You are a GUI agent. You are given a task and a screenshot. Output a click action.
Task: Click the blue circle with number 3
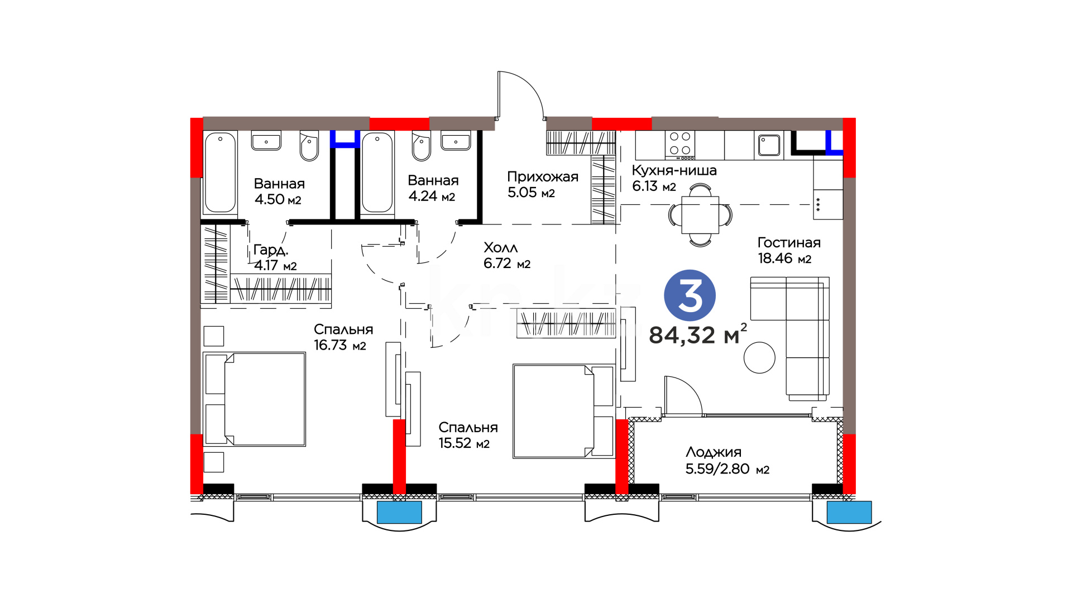tap(690, 296)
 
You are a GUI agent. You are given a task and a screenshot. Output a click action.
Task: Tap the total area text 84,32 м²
tap(698, 334)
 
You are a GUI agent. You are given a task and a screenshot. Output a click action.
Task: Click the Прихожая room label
tap(543, 177)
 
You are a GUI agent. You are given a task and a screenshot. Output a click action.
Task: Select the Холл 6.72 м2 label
tap(507, 255)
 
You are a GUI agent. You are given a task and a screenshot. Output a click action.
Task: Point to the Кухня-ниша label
tap(674, 170)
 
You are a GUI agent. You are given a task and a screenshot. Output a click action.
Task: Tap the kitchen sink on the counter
tap(769, 145)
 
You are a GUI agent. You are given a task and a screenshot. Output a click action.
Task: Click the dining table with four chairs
tap(700, 215)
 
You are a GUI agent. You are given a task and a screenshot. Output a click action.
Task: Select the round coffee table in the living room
tap(759, 357)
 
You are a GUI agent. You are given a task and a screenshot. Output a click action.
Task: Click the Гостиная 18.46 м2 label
tap(789, 250)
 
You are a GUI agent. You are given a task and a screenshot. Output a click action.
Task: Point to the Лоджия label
tap(714, 452)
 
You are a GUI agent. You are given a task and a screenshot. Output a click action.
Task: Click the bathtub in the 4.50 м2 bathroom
tap(220, 173)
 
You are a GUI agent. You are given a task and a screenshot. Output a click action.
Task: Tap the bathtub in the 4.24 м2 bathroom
tap(377, 173)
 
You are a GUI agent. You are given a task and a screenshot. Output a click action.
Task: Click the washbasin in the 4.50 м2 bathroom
tap(266, 141)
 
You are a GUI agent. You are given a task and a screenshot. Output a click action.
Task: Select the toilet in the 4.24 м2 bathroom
tap(422, 146)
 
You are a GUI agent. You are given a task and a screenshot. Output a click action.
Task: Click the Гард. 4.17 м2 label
tap(275, 257)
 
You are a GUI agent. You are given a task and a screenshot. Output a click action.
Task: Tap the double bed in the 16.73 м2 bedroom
tap(255, 399)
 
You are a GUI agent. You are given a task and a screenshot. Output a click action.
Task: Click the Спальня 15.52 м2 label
tap(468, 435)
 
